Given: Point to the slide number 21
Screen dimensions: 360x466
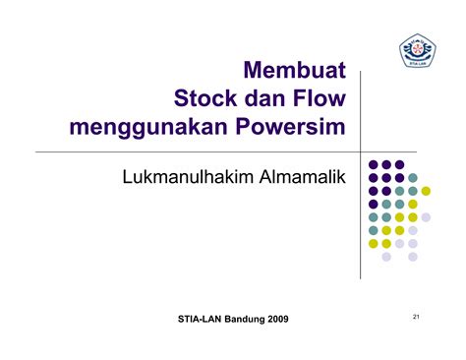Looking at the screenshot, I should pos(417,316).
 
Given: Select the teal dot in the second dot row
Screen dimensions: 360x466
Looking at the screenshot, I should pos(413,178).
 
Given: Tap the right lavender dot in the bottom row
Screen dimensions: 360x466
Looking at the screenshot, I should pos(413,257).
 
